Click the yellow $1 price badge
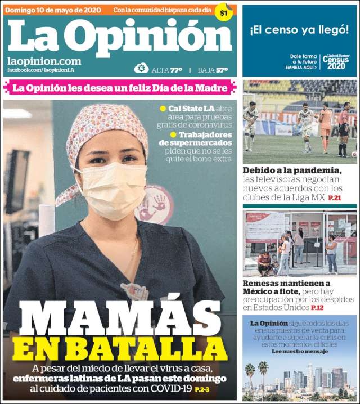click(x=224, y=12)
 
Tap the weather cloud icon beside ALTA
click(x=141, y=69)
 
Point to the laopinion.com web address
click(x=44, y=61)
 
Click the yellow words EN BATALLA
click(x=119, y=348)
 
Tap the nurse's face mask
click(x=110, y=189)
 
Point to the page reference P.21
click(x=335, y=198)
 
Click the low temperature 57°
click(x=222, y=70)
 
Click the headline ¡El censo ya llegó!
click(x=299, y=29)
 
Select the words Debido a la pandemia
click(x=292, y=170)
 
